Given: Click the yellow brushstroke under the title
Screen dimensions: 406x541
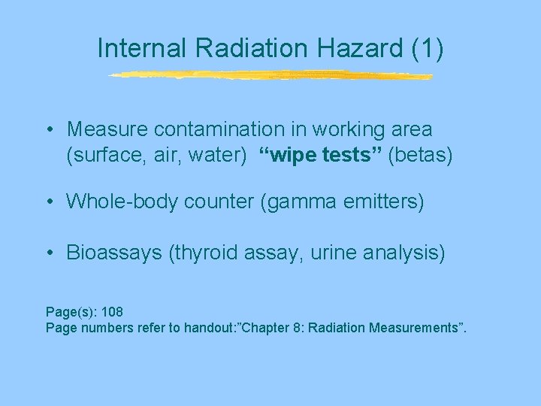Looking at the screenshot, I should coord(270,75).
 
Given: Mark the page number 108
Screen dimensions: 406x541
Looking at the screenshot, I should coord(113,311).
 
